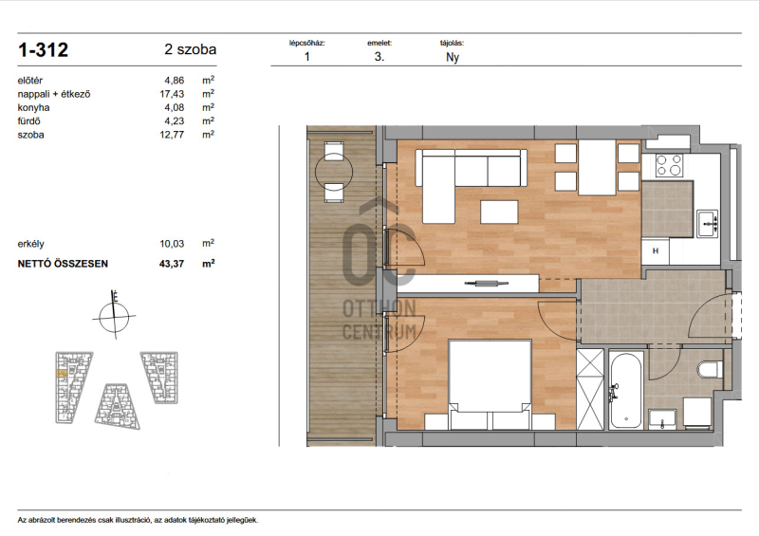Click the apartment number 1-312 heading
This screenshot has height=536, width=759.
[x=43, y=50]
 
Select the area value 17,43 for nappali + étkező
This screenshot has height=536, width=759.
[x=172, y=94]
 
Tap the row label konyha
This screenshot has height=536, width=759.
[x=33, y=107]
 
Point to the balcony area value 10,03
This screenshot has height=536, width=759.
[x=172, y=244]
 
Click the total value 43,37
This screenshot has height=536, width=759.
[x=172, y=264]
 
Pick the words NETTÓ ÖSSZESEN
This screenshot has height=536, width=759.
[x=63, y=264]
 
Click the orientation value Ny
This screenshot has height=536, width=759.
[x=453, y=57]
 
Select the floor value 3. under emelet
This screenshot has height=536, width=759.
[x=379, y=57]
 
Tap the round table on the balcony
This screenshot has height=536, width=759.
[x=334, y=172]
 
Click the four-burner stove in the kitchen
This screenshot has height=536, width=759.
[x=669, y=165]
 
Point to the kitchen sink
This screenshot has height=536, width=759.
[x=707, y=224]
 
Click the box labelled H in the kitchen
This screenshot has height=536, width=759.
[x=656, y=251]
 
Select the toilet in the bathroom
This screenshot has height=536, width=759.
[x=710, y=370]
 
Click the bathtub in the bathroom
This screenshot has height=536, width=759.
[x=626, y=390]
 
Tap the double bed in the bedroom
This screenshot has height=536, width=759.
[x=490, y=384]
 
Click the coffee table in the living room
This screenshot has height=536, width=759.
[x=499, y=213]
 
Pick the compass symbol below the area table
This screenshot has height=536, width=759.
[x=114, y=317]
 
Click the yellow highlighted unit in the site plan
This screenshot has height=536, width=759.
[x=62, y=374]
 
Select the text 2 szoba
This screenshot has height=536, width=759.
[x=191, y=49]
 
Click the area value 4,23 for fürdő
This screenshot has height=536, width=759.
[x=175, y=121]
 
